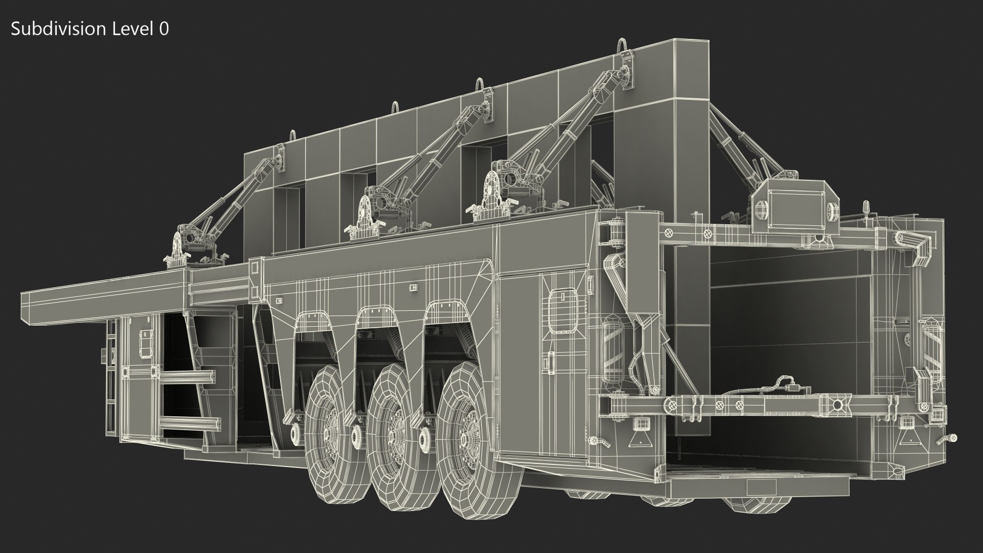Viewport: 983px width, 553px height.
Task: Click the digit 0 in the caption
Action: pyautogui.click(x=163, y=29)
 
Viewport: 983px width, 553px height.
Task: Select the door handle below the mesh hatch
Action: pyautogui.click(x=551, y=361)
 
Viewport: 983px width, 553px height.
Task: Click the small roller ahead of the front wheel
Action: pyautogui.click(x=295, y=434)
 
